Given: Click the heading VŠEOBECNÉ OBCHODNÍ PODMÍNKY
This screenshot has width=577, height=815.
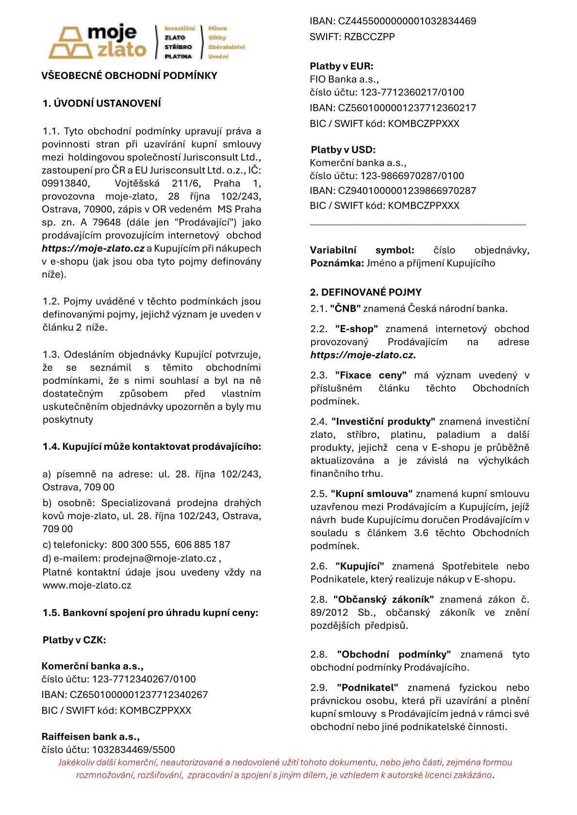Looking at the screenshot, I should (x=129, y=76).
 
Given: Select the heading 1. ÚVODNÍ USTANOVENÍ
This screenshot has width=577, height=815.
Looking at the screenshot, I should (x=101, y=103).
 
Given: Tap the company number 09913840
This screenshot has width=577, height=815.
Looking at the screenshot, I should (x=66, y=183).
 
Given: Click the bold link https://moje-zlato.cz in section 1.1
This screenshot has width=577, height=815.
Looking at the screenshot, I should (x=93, y=248).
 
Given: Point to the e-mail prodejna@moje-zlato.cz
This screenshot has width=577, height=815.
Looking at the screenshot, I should (x=160, y=558).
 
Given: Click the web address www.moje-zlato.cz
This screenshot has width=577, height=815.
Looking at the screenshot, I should (x=87, y=585).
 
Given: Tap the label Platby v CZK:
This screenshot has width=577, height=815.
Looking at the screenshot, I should (x=74, y=640).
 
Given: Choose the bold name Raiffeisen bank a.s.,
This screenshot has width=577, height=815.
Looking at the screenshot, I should (x=91, y=736).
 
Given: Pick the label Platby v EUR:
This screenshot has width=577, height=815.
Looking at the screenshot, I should (x=342, y=66).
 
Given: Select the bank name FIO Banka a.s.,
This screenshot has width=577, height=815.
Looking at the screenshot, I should (x=344, y=79).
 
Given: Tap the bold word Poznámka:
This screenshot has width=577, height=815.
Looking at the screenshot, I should (x=337, y=263).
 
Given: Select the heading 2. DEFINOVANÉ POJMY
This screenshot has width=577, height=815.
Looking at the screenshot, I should (x=366, y=292).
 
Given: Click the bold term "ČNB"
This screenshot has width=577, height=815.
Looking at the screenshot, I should (x=346, y=308).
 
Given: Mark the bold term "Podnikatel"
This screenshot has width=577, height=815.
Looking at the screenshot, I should (x=367, y=687).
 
